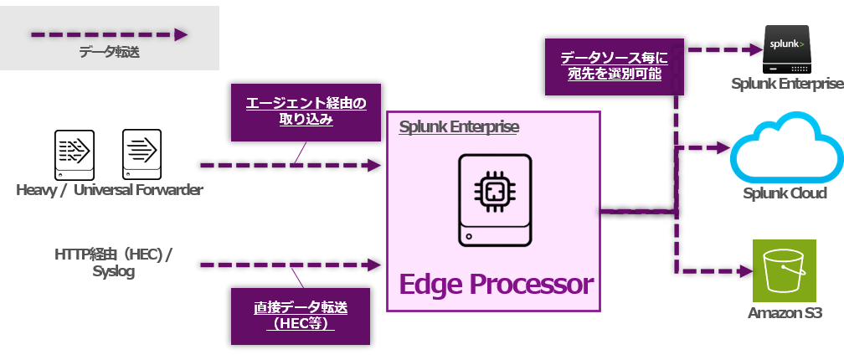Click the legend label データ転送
tap(110, 54)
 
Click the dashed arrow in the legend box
tap(110, 35)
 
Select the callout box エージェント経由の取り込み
tap(306, 112)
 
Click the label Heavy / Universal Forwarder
tap(110, 191)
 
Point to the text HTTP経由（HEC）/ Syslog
tap(113, 261)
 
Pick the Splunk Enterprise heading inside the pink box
tap(459, 127)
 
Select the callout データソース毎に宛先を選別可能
tap(615, 66)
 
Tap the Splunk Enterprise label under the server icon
tap(786, 84)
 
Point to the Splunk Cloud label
tap(785, 193)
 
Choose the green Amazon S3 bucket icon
tap(784, 270)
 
